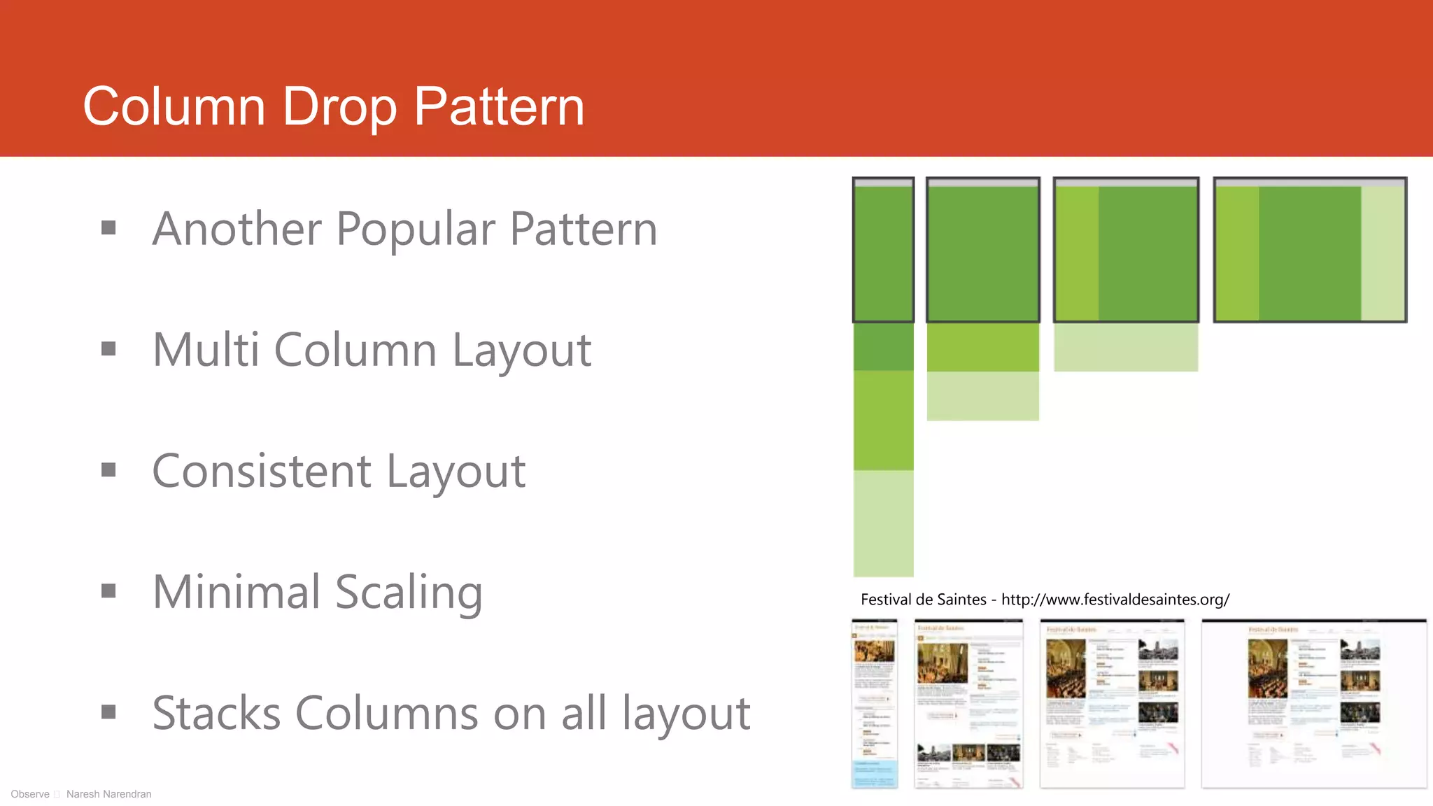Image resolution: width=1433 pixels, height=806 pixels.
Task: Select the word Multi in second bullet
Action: tap(206, 350)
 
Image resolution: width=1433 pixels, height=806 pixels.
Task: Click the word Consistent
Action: tap(261, 471)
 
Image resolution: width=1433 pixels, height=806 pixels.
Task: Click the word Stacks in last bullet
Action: tap(216, 713)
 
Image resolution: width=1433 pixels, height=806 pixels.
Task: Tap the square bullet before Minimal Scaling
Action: tap(108, 591)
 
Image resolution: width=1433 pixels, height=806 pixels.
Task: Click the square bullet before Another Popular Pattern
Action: tap(108, 227)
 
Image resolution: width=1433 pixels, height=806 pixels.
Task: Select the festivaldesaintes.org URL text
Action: tap(1115, 600)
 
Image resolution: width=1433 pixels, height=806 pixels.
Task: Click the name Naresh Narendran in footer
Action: tap(108, 794)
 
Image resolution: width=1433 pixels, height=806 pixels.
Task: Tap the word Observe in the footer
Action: tap(30, 794)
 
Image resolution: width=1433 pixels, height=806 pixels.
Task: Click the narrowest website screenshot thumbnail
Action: tap(875, 703)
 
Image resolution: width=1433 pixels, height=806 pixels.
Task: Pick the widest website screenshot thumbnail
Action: tap(1313, 703)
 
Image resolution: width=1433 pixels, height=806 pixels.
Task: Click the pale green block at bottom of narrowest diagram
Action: tap(883, 523)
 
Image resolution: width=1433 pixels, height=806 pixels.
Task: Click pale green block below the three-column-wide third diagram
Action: tap(1125, 348)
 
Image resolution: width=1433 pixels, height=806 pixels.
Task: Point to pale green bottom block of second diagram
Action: tap(982, 396)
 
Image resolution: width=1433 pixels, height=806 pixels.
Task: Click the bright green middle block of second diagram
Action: tap(982, 348)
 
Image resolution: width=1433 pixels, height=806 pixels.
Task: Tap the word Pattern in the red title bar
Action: tap(499, 106)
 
